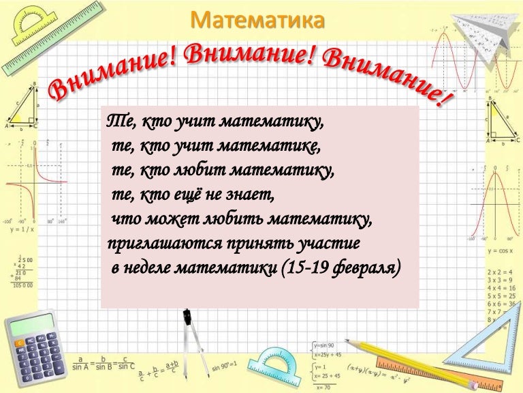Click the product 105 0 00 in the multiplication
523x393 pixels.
(23, 285)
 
